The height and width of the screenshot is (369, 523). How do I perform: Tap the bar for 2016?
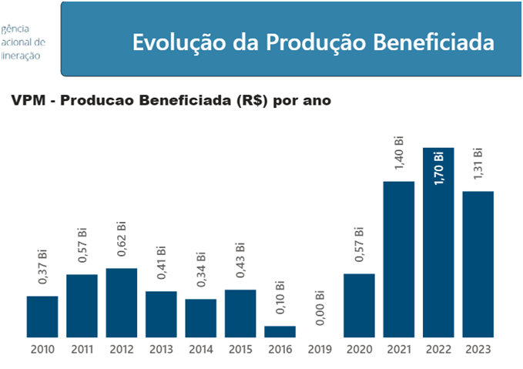(x=280, y=331)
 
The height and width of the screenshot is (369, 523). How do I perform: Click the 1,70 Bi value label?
(x=439, y=169)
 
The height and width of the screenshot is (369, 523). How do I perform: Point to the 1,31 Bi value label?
(x=478, y=163)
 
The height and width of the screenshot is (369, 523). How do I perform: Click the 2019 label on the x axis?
(x=320, y=350)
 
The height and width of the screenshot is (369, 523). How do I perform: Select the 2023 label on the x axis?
(x=478, y=350)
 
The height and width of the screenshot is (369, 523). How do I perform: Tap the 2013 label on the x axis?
(x=161, y=350)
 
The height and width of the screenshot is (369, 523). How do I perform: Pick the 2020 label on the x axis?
(x=359, y=350)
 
